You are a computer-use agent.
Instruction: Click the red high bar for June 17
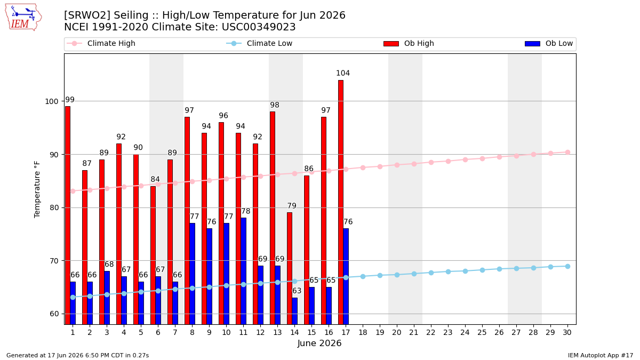pyautogui.click(x=341, y=202)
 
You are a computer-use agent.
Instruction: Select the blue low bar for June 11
pyautogui.click(x=243, y=271)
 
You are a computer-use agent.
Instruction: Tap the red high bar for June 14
pyautogui.click(x=290, y=268)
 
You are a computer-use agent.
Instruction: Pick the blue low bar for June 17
pyautogui.click(x=346, y=276)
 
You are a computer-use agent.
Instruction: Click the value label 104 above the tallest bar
pyautogui.click(x=343, y=73)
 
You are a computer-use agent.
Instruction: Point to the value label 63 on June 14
pyautogui.click(x=297, y=291)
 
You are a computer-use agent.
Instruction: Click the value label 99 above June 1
pyautogui.click(x=70, y=100)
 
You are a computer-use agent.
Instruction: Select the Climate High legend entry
pyautogui.click(x=101, y=43)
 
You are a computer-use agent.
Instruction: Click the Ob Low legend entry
pyautogui.click(x=549, y=43)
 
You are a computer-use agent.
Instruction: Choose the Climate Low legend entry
pyautogui.click(x=259, y=43)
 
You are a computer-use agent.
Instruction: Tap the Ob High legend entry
pyautogui.click(x=409, y=43)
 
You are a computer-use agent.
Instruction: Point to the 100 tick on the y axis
pyautogui.click(x=52, y=101)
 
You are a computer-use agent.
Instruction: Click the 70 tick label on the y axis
pyautogui.click(x=54, y=261)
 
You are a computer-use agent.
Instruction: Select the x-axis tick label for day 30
pyautogui.click(x=567, y=332)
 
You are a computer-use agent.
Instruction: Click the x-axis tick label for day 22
pyautogui.click(x=430, y=332)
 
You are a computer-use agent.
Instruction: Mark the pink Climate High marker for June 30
pyautogui.click(x=567, y=153)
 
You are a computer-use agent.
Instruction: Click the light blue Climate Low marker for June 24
pyautogui.click(x=465, y=271)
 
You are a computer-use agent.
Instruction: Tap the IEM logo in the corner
pyautogui.click(x=23, y=18)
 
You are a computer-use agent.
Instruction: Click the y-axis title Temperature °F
pyautogui.click(x=37, y=189)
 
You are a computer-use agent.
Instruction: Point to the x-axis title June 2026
pyautogui.click(x=319, y=343)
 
